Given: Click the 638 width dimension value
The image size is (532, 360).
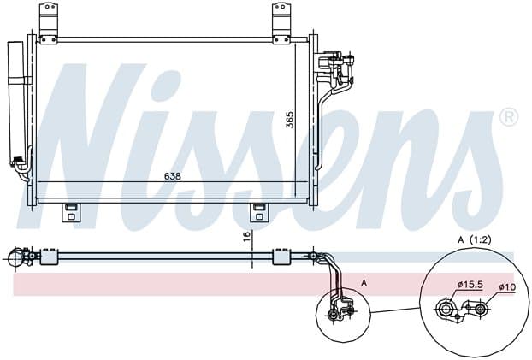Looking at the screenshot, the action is tap(173, 176).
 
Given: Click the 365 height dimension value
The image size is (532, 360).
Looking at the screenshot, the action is tap(290, 120).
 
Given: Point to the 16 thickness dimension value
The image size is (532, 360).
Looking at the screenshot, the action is tap(246, 236).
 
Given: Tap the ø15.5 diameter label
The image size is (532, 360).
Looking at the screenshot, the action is tap(470, 285).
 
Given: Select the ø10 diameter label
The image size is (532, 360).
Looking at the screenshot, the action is tap(507, 287).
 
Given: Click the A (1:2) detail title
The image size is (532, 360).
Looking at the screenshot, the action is tap(475, 240).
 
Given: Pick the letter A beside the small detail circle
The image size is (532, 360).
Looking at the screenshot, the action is tap(364, 283).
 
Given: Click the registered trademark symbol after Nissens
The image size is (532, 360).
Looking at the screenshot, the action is tap(509, 117).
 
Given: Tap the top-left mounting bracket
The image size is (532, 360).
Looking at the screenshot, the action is tap(49, 23).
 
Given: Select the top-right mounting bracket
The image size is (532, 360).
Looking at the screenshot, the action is tap(281, 23).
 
